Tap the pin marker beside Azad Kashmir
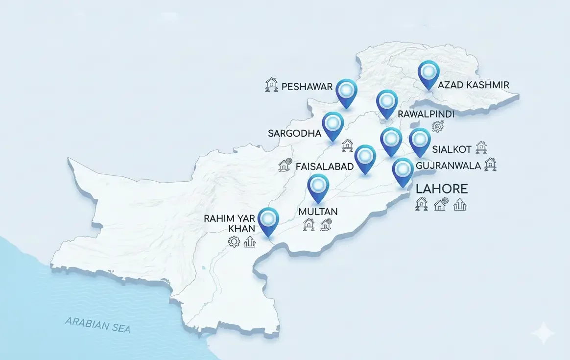tap(429, 73)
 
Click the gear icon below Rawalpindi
tap(437, 127)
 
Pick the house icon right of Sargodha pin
tap(347, 145)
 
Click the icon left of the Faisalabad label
tap(285, 165)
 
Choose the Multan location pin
tap(318, 187)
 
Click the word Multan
tap(318, 212)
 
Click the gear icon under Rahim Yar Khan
tap(234, 241)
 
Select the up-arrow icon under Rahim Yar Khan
tap(250, 241)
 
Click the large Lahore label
tap(441, 189)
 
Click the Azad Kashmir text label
tap(473, 85)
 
